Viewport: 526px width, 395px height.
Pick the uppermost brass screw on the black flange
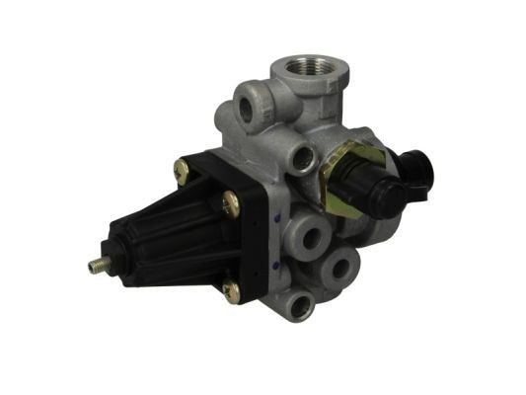click(x=182, y=170)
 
